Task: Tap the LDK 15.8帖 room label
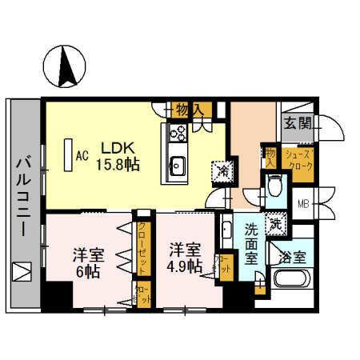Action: [118, 155]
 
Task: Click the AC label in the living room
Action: [81, 157]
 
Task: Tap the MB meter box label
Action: [303, 203]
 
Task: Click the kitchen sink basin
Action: [176, 166]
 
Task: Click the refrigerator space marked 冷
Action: [220, 170]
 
